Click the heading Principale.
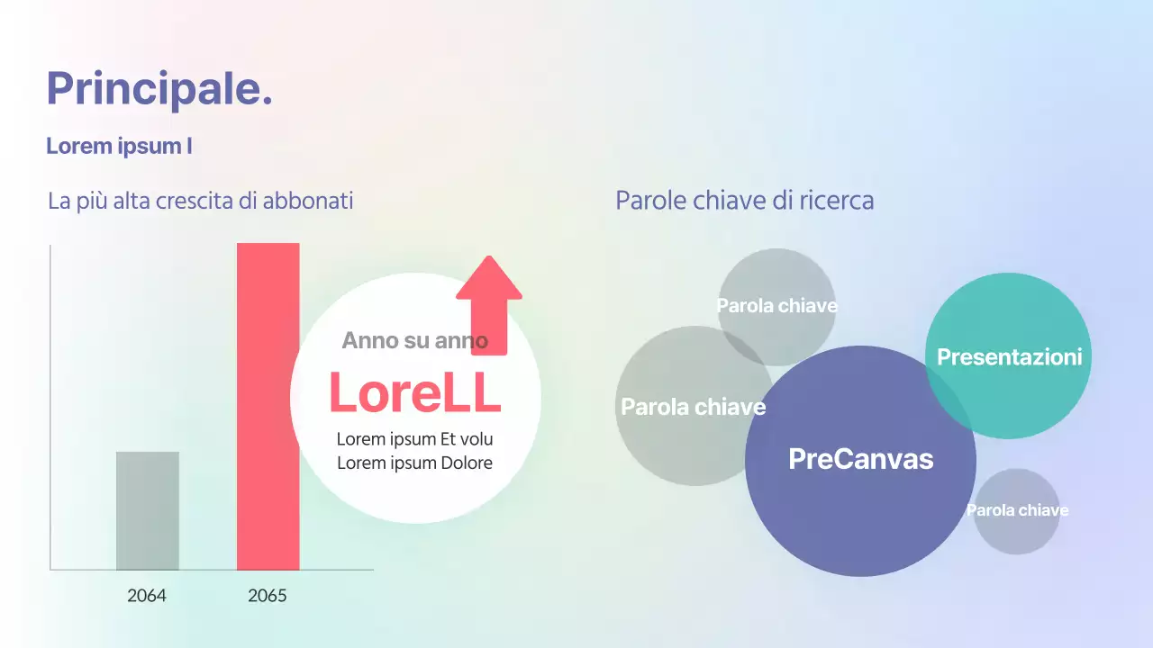coord(159,89)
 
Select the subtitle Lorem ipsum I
coord(119,146)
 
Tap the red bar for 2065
coord(268,405)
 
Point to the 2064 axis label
coord(147,596)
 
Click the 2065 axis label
coord(268,596)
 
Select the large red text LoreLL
coord(414,393)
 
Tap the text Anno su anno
coord(414,340)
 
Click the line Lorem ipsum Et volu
coord(414,439)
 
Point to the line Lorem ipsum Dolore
coord(414,463)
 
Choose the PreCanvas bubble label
coord(860,459)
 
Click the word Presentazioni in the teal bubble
coord(1009,357)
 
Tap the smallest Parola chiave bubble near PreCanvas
coord(1017,510)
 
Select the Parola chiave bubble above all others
coord(776,305)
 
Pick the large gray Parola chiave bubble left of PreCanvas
coord(693,407)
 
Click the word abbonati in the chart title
coord(308,201)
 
